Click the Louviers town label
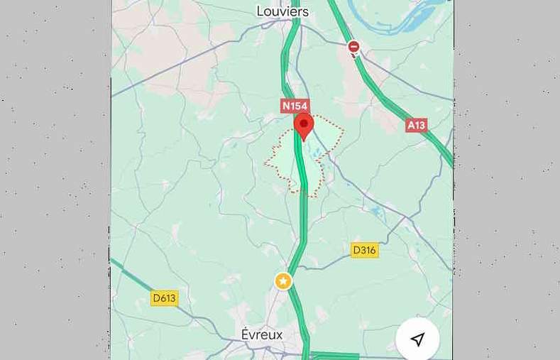pyautogui.click(x=282, y=11)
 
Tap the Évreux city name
pyautogui.click(x=262, y=334)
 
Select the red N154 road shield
pyautogui.click(x=295, y=106)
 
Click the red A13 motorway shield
pyautogui.click(x=416, y=125)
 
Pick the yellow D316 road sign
pyautogui.click(x=364, y=250)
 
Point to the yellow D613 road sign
pyautogui.click(x=164, y=298)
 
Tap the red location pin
pyautogui.click(x=304, y=126)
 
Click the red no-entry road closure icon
pyautogui.click(x=353, y=48)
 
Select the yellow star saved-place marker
pyautogui.click(x=283, y=281)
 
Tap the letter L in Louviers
pyautogui.click(x=260, y=11)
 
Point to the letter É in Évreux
pyautogui.click(x=246, y=334)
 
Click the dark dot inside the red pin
pyautogui.click(x=304, y=124)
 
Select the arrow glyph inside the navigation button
pyautogui.click(x=418, y=339)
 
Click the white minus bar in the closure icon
pyautogui.click(x=353, y=47)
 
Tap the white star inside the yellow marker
pyautogui.click(x=283, y=281)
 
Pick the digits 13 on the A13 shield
pyautogui.click(x=419, y=125)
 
